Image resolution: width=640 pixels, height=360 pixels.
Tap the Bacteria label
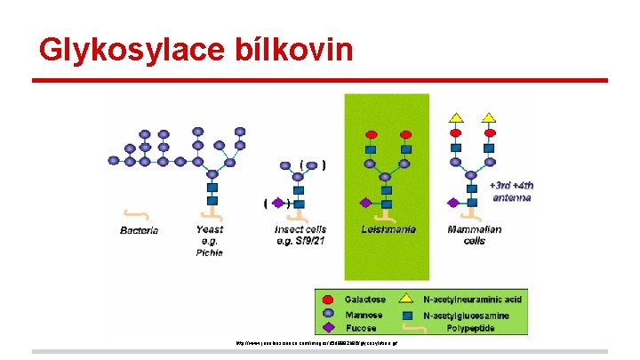[139, 230]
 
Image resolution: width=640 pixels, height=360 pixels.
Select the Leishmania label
[386, 229]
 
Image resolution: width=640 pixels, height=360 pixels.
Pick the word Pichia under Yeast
[210, 252]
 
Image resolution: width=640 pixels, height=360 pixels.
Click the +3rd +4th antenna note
[511, 192]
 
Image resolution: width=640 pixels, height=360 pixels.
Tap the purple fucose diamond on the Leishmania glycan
[364, 203]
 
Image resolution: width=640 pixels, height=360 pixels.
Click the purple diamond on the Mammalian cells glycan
[452, 203]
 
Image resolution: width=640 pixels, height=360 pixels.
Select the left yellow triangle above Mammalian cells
[457, 117]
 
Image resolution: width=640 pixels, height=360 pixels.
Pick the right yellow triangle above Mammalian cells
[488, 117]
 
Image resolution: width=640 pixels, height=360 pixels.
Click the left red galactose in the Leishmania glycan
[371, 135]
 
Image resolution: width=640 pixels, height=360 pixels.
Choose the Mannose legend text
[364, 315]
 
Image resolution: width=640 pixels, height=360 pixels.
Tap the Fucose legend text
[360, 329]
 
